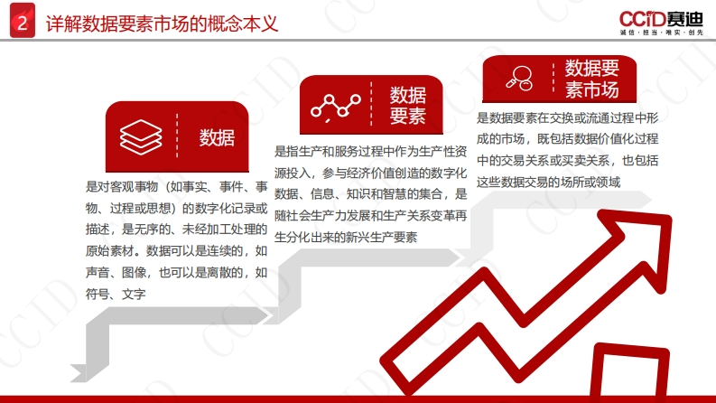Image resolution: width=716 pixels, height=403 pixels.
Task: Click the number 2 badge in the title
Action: (x=23, y=21)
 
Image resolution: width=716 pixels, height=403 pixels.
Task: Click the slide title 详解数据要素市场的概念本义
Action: (x=163, y=23)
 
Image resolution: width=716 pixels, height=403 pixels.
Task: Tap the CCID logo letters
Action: (x=642, y=20)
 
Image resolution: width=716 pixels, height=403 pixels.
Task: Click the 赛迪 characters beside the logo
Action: (x=684, y=19)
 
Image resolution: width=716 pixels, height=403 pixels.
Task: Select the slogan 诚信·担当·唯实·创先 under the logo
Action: (x=662, y=33)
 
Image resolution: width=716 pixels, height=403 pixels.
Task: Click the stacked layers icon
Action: (x=141, y=137)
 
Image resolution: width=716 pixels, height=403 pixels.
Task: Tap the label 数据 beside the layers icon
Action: (x=217, y=137)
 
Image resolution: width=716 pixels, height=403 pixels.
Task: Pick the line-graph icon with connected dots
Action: (x=336, y=107)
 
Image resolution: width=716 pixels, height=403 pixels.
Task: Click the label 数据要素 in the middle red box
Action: (x=408, y=106)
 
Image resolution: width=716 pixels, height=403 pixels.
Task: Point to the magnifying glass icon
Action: (x=520, y=78)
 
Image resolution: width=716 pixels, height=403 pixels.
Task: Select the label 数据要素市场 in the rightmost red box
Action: (x=592, y=79)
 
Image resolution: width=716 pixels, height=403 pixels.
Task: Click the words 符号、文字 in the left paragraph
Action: (x=116, y=295)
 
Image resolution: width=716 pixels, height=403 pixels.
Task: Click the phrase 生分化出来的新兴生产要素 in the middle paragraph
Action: (x=346, y=237)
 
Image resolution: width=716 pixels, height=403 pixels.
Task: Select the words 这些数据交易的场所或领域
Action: (x=548, y=183)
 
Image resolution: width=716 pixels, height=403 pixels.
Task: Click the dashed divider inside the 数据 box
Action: (x=177, y=136)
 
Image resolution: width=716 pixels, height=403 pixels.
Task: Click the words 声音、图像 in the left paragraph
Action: (x=116, y=273)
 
